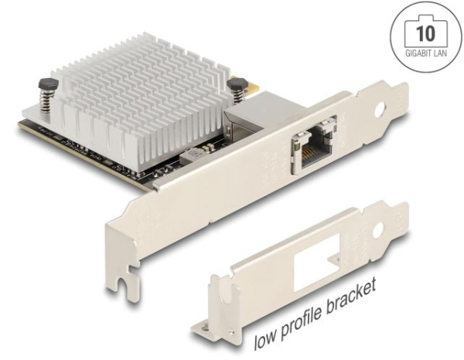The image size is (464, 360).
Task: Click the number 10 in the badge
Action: [x=426, y=33]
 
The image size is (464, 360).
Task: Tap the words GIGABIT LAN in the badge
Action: [x=426, y=53]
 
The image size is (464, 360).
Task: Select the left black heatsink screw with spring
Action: [x=47, y=96]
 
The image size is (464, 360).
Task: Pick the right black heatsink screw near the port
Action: [x=238, y=90]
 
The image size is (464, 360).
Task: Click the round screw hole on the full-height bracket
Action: [x=380, y=110]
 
